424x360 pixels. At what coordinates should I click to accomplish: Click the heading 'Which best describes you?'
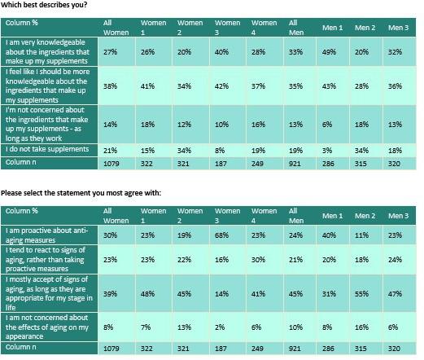(x=45, y=5)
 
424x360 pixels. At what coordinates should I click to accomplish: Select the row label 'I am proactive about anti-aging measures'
(x=49, y=236)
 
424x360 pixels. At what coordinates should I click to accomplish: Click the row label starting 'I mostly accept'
(x=49, y=290)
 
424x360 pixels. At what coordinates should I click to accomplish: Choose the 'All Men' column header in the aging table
(x=298, y=215)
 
